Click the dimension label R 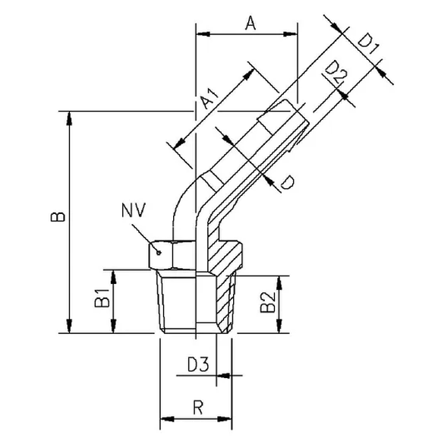click(197, 408)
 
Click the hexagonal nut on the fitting click(172, 251)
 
